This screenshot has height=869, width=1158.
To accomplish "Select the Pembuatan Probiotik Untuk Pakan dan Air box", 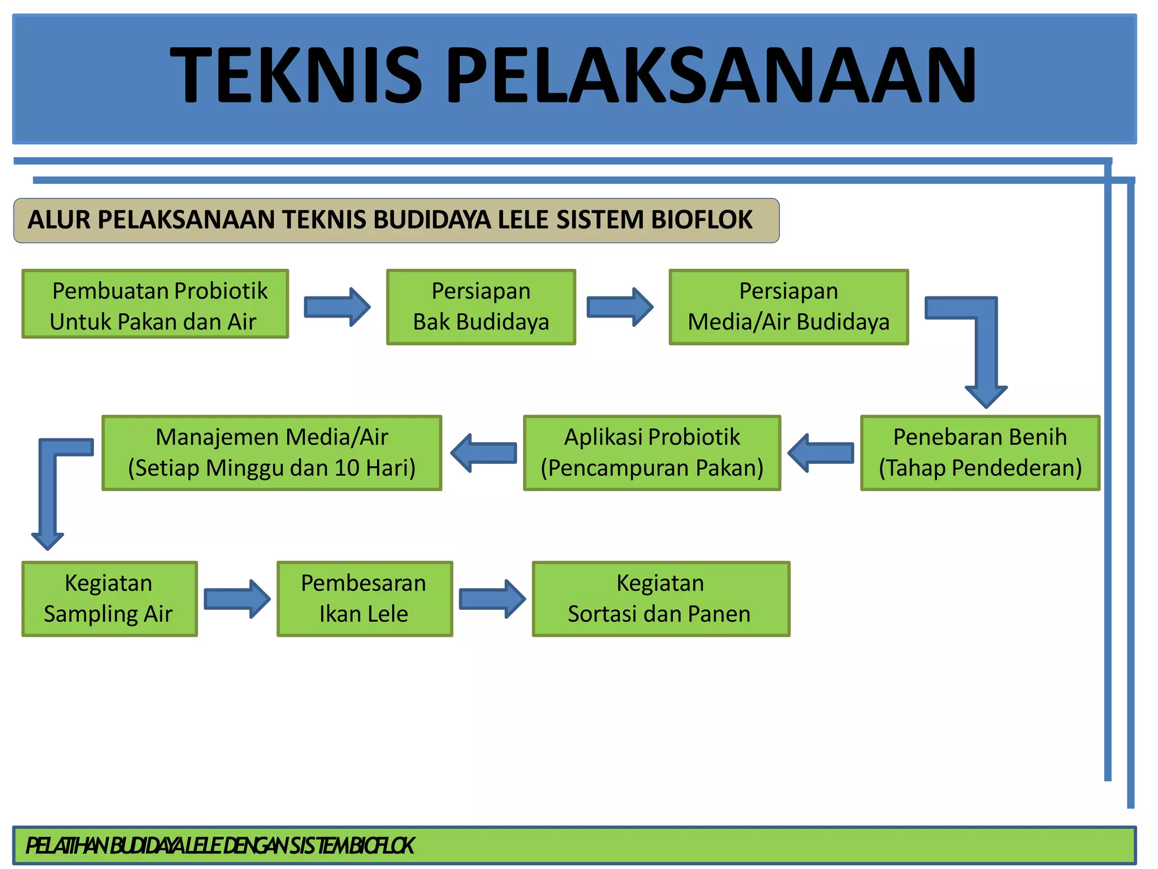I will (155, 305).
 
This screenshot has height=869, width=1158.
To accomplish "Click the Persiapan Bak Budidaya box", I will (481, 307).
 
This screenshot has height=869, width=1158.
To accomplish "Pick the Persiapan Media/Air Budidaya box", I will (788, 307).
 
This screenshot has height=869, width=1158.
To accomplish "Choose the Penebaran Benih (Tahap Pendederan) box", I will (980, 453).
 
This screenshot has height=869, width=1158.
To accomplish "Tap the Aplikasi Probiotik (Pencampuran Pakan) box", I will (652, 453).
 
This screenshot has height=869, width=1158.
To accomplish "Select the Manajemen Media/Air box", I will (271, 453).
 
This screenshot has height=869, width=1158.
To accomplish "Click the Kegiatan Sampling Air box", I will (109, 599).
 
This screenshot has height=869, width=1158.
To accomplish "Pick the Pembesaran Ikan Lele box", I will (364, 599).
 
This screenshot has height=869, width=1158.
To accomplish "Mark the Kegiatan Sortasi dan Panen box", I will (660, 599).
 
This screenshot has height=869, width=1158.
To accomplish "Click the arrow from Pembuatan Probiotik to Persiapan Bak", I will (337, 307).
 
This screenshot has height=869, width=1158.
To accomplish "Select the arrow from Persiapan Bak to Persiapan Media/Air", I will (620, 307).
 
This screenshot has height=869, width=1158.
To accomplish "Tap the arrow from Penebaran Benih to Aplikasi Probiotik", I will (821, 453).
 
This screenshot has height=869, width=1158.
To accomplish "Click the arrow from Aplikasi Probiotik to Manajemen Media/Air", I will (484, 453).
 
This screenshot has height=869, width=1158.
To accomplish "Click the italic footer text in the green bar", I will (221, 846).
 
